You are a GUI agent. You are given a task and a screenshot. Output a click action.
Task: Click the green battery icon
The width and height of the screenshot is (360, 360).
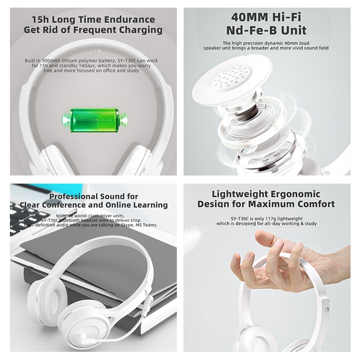click(95, 120)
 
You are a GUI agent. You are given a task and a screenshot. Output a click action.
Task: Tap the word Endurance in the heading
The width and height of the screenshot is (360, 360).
click(130, 19)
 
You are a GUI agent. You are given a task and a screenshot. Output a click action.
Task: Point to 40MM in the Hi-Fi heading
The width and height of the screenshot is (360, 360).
click(250, 17)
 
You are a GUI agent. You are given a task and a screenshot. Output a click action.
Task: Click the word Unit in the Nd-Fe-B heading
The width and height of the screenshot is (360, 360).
click(294, 30)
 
